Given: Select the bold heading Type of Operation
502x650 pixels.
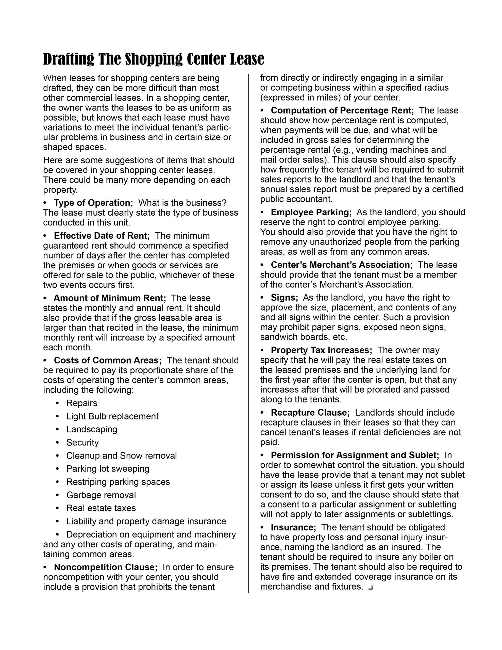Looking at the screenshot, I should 93,203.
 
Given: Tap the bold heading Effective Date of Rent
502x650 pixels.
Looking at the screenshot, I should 102,236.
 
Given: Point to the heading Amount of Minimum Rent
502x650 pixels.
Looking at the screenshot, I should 109,298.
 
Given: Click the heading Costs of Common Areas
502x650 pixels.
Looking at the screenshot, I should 108,360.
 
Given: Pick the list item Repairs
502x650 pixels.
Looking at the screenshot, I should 81,403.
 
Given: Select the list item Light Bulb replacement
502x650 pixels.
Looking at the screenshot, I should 112,416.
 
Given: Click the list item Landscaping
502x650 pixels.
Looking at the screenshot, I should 92,429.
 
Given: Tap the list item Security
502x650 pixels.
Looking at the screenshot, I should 82,443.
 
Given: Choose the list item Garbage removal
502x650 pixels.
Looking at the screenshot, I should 101,495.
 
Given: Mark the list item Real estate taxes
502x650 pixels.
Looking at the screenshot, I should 101,508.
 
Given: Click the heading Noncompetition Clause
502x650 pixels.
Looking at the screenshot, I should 106,567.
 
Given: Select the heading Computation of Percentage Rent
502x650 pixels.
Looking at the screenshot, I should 342,111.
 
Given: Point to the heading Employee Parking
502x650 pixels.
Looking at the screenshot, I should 311,213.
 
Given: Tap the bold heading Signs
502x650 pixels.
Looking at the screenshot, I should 285,298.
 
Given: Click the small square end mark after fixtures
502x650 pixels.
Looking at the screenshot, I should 370,588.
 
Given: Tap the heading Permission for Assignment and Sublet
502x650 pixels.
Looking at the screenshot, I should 355,455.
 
